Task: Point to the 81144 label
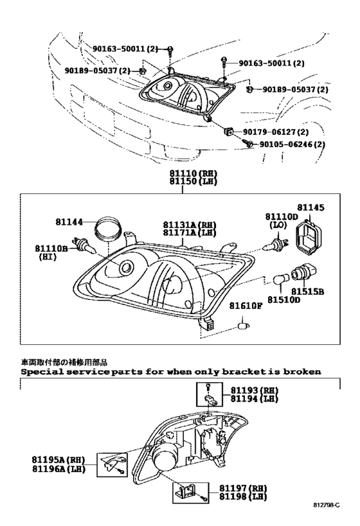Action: pyautogui.click(x=67, y=222)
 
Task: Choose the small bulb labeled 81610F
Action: pyautogui.click(x=244, y=329)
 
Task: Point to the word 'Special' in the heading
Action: pyautogui.click(x=44, y=372)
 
